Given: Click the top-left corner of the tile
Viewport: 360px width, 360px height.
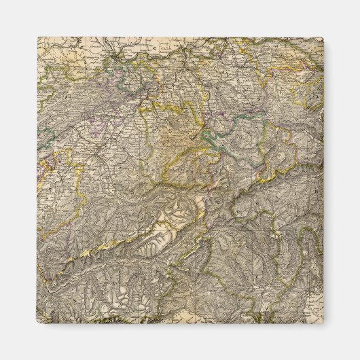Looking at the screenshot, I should click(37, 37).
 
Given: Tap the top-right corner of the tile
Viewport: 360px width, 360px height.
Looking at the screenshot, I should click(323, 37).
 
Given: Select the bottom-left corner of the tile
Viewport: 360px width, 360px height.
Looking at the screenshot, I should click(37, 323).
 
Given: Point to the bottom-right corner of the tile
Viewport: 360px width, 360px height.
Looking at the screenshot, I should click(323, 323).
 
